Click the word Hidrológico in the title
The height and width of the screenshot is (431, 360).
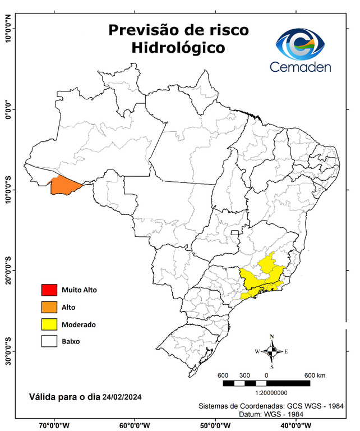[178, 48]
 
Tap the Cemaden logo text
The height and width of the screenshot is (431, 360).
[301, 67]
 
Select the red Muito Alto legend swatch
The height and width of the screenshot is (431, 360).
[49, 290]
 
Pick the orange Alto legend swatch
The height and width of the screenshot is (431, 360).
[49, 307]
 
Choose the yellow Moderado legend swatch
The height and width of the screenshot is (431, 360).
[49, 324]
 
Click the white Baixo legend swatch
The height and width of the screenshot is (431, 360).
[49, 341]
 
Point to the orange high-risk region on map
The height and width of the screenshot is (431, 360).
[64, 185]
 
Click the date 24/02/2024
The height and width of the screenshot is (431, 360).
[122, 397]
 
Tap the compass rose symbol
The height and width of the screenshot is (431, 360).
[271, 352]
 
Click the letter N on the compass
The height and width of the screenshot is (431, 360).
[272, 337]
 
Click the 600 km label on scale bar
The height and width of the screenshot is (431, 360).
[315, 375]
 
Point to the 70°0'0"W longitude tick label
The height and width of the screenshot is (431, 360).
[54, 425]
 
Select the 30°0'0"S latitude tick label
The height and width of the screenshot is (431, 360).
[8, 351]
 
